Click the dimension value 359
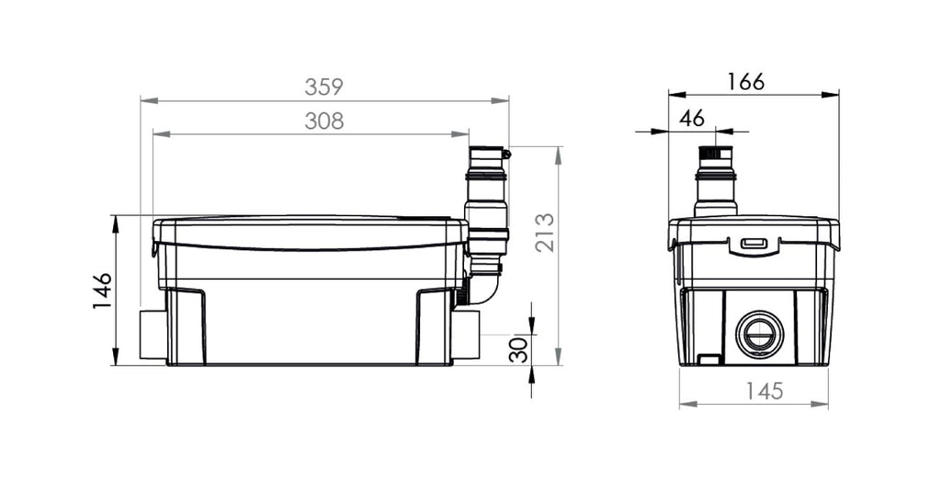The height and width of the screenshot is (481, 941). (x=323, y=87)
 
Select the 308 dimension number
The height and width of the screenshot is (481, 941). (x=324, y=121)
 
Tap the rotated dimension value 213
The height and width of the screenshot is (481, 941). (x=545, y=233)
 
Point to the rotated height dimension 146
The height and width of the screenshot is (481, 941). (x=103, y=291)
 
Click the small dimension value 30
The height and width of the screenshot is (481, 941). (x=518, y=349)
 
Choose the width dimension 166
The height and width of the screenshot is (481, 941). (x=746, y=82)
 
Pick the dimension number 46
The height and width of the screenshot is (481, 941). (x=692, y=119)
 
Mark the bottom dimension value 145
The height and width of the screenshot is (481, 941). (x=764, y=392)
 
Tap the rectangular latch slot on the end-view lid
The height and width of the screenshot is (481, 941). (x=754, y=243)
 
